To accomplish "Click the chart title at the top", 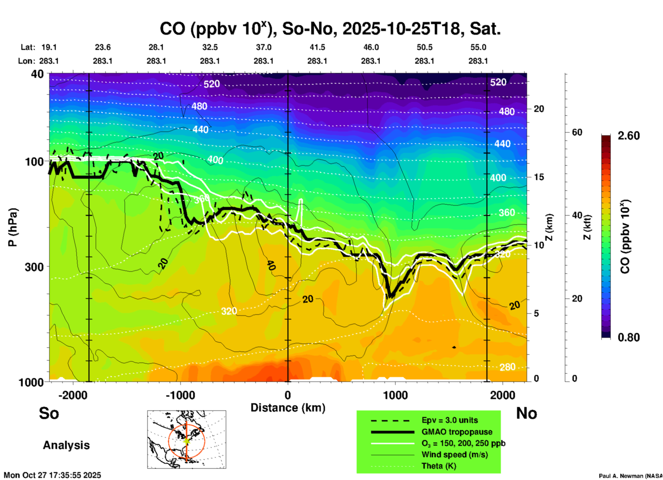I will pos(330,29).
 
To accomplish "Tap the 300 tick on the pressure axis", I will pos(34,267).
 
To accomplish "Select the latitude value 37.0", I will pos(263,47).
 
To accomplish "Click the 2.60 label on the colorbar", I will pos(628,136).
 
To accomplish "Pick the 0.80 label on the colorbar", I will pos(628,337).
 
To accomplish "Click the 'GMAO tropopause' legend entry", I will pos(456,432).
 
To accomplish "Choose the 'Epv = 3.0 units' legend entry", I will pos(449,420).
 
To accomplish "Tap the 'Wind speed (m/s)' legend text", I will pos(454,455).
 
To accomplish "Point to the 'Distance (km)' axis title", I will pos(288,408).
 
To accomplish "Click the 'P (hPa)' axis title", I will pos(13,227).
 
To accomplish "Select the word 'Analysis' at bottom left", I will pos(66,445).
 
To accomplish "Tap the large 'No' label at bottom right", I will pos(526,413).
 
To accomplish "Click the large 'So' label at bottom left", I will pos(49,413).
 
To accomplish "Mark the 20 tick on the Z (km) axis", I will pos(539,109).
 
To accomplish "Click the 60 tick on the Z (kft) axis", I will pos(577,132).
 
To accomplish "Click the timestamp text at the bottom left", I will pos(52,475).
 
